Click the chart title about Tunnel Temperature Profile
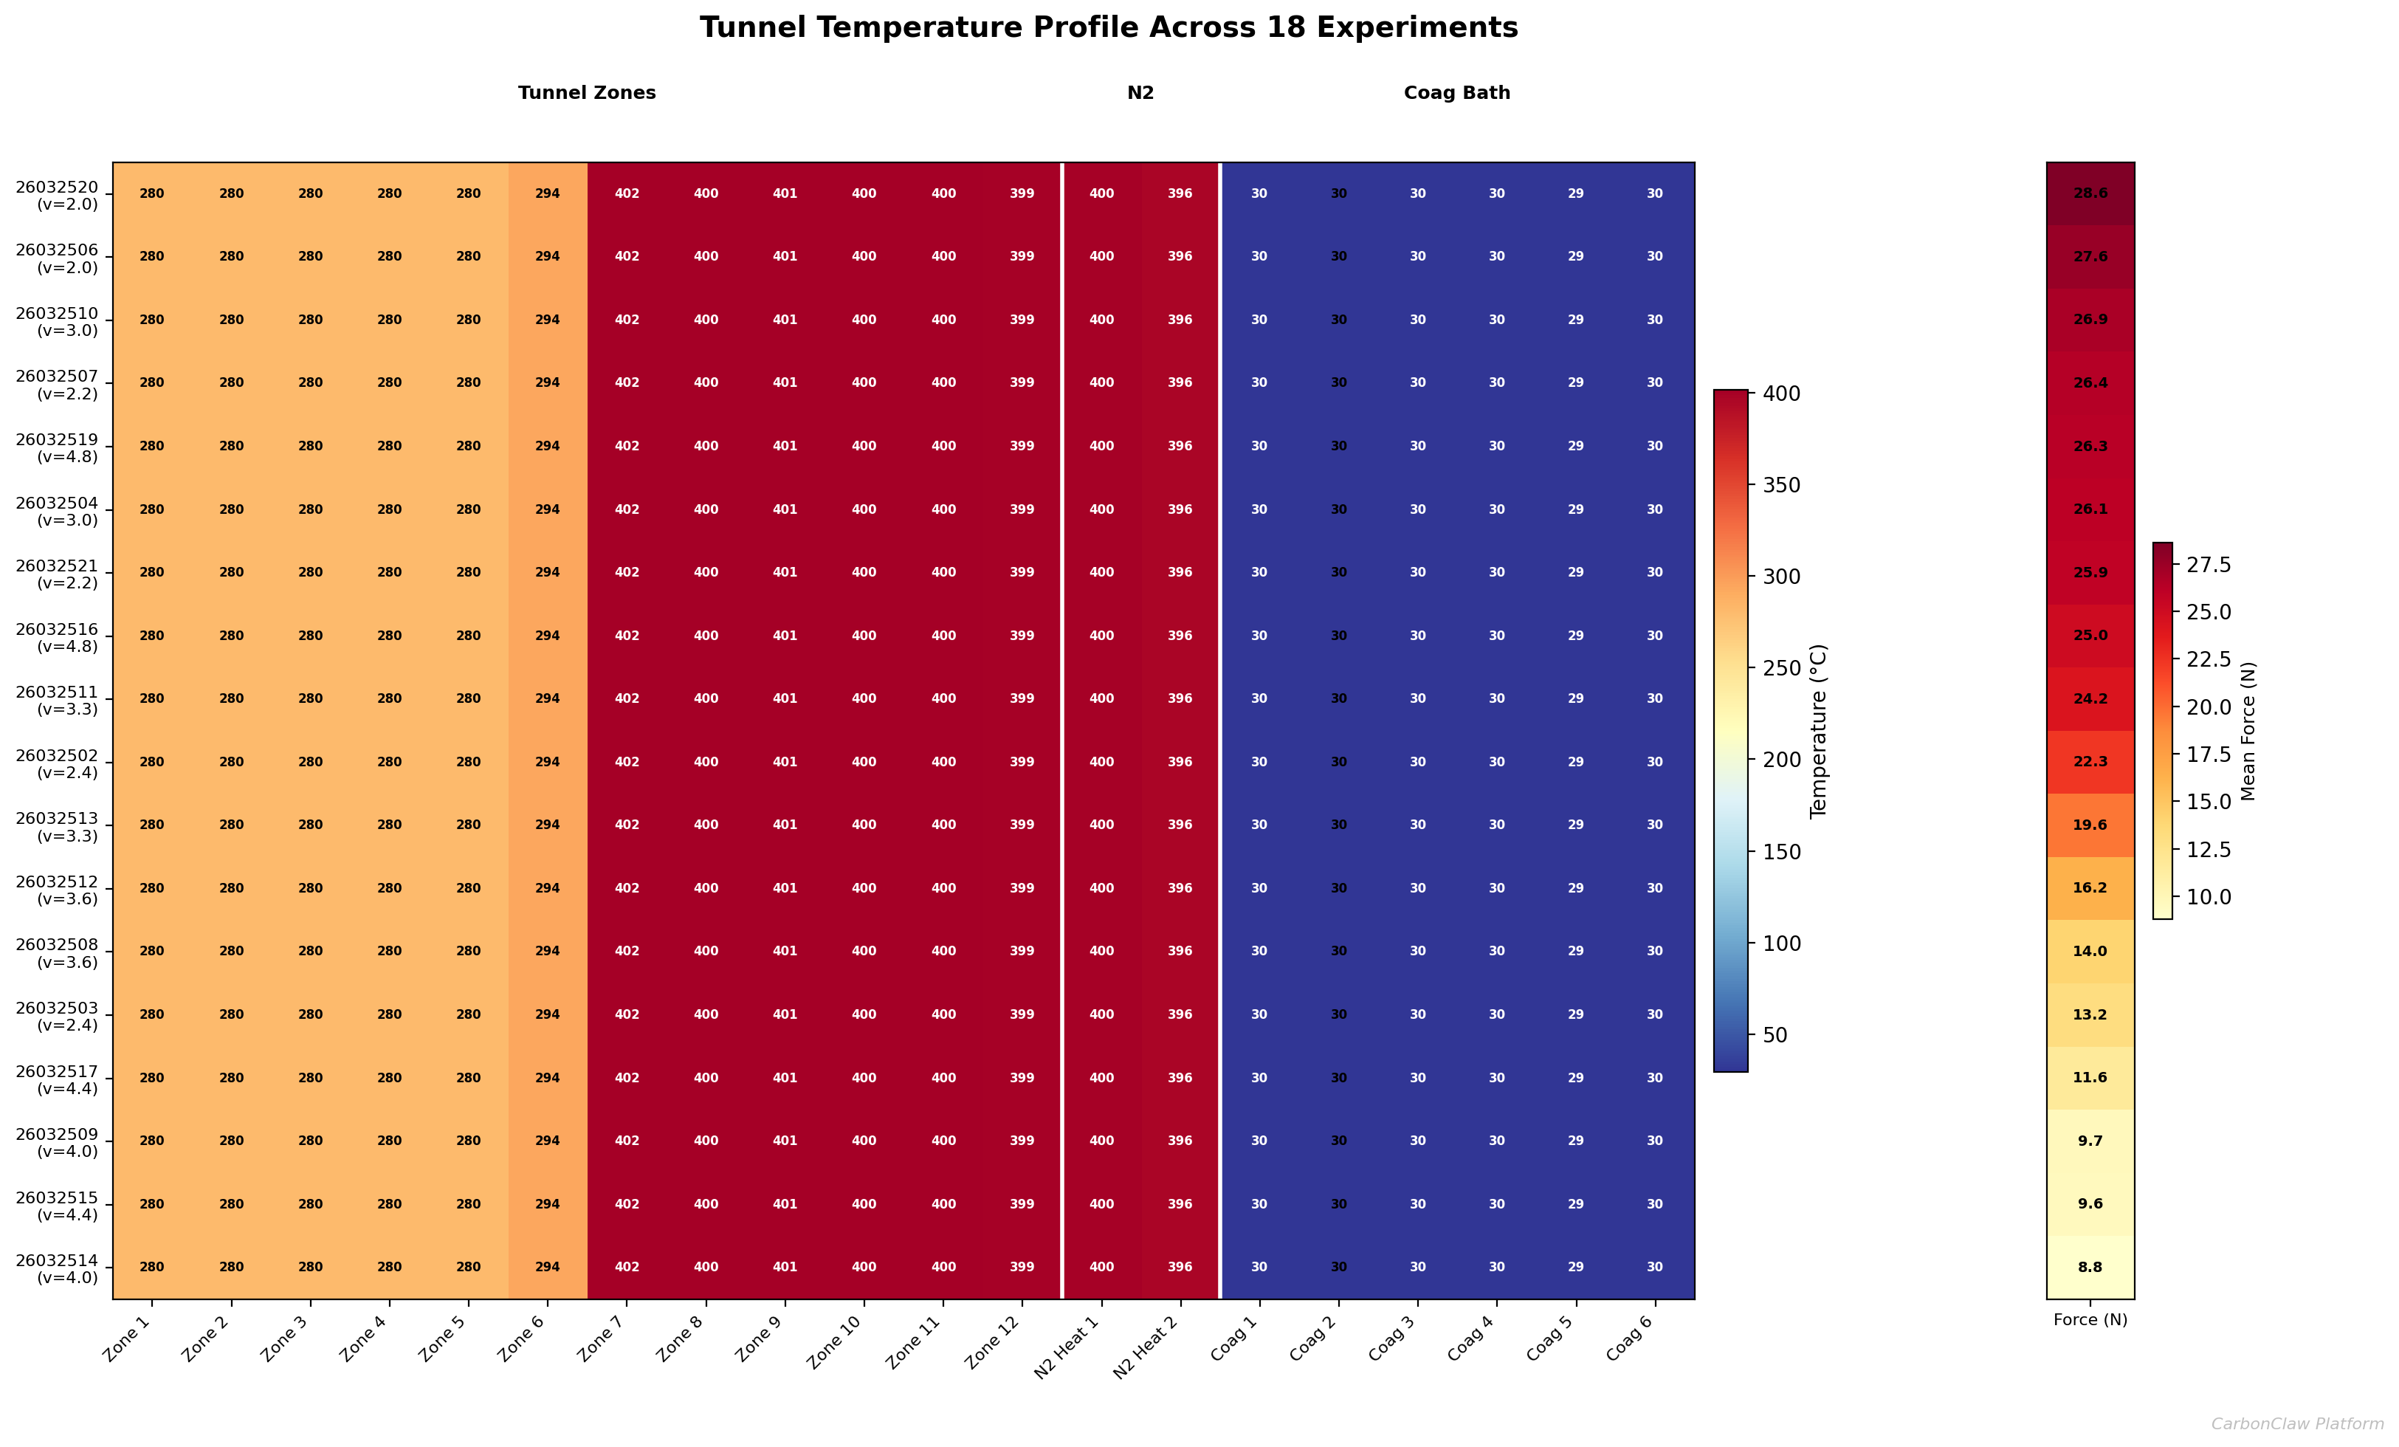point(1108,27)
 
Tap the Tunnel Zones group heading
point(586,92)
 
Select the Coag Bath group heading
point(1456,92)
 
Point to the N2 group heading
point(1140,92)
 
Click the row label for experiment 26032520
point(58,195)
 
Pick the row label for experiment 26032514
point(58,1268)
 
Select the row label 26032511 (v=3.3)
point(58,699)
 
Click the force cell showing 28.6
point(2090,193)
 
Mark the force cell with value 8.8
point(2090,1267)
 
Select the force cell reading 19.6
point(2090,825)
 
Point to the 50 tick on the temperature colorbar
point(1775,1035)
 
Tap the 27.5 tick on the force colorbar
point(2208,565)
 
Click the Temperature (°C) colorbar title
point(1819,730)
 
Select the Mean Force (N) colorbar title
point(2248,730)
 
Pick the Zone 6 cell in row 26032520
point(547,193)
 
